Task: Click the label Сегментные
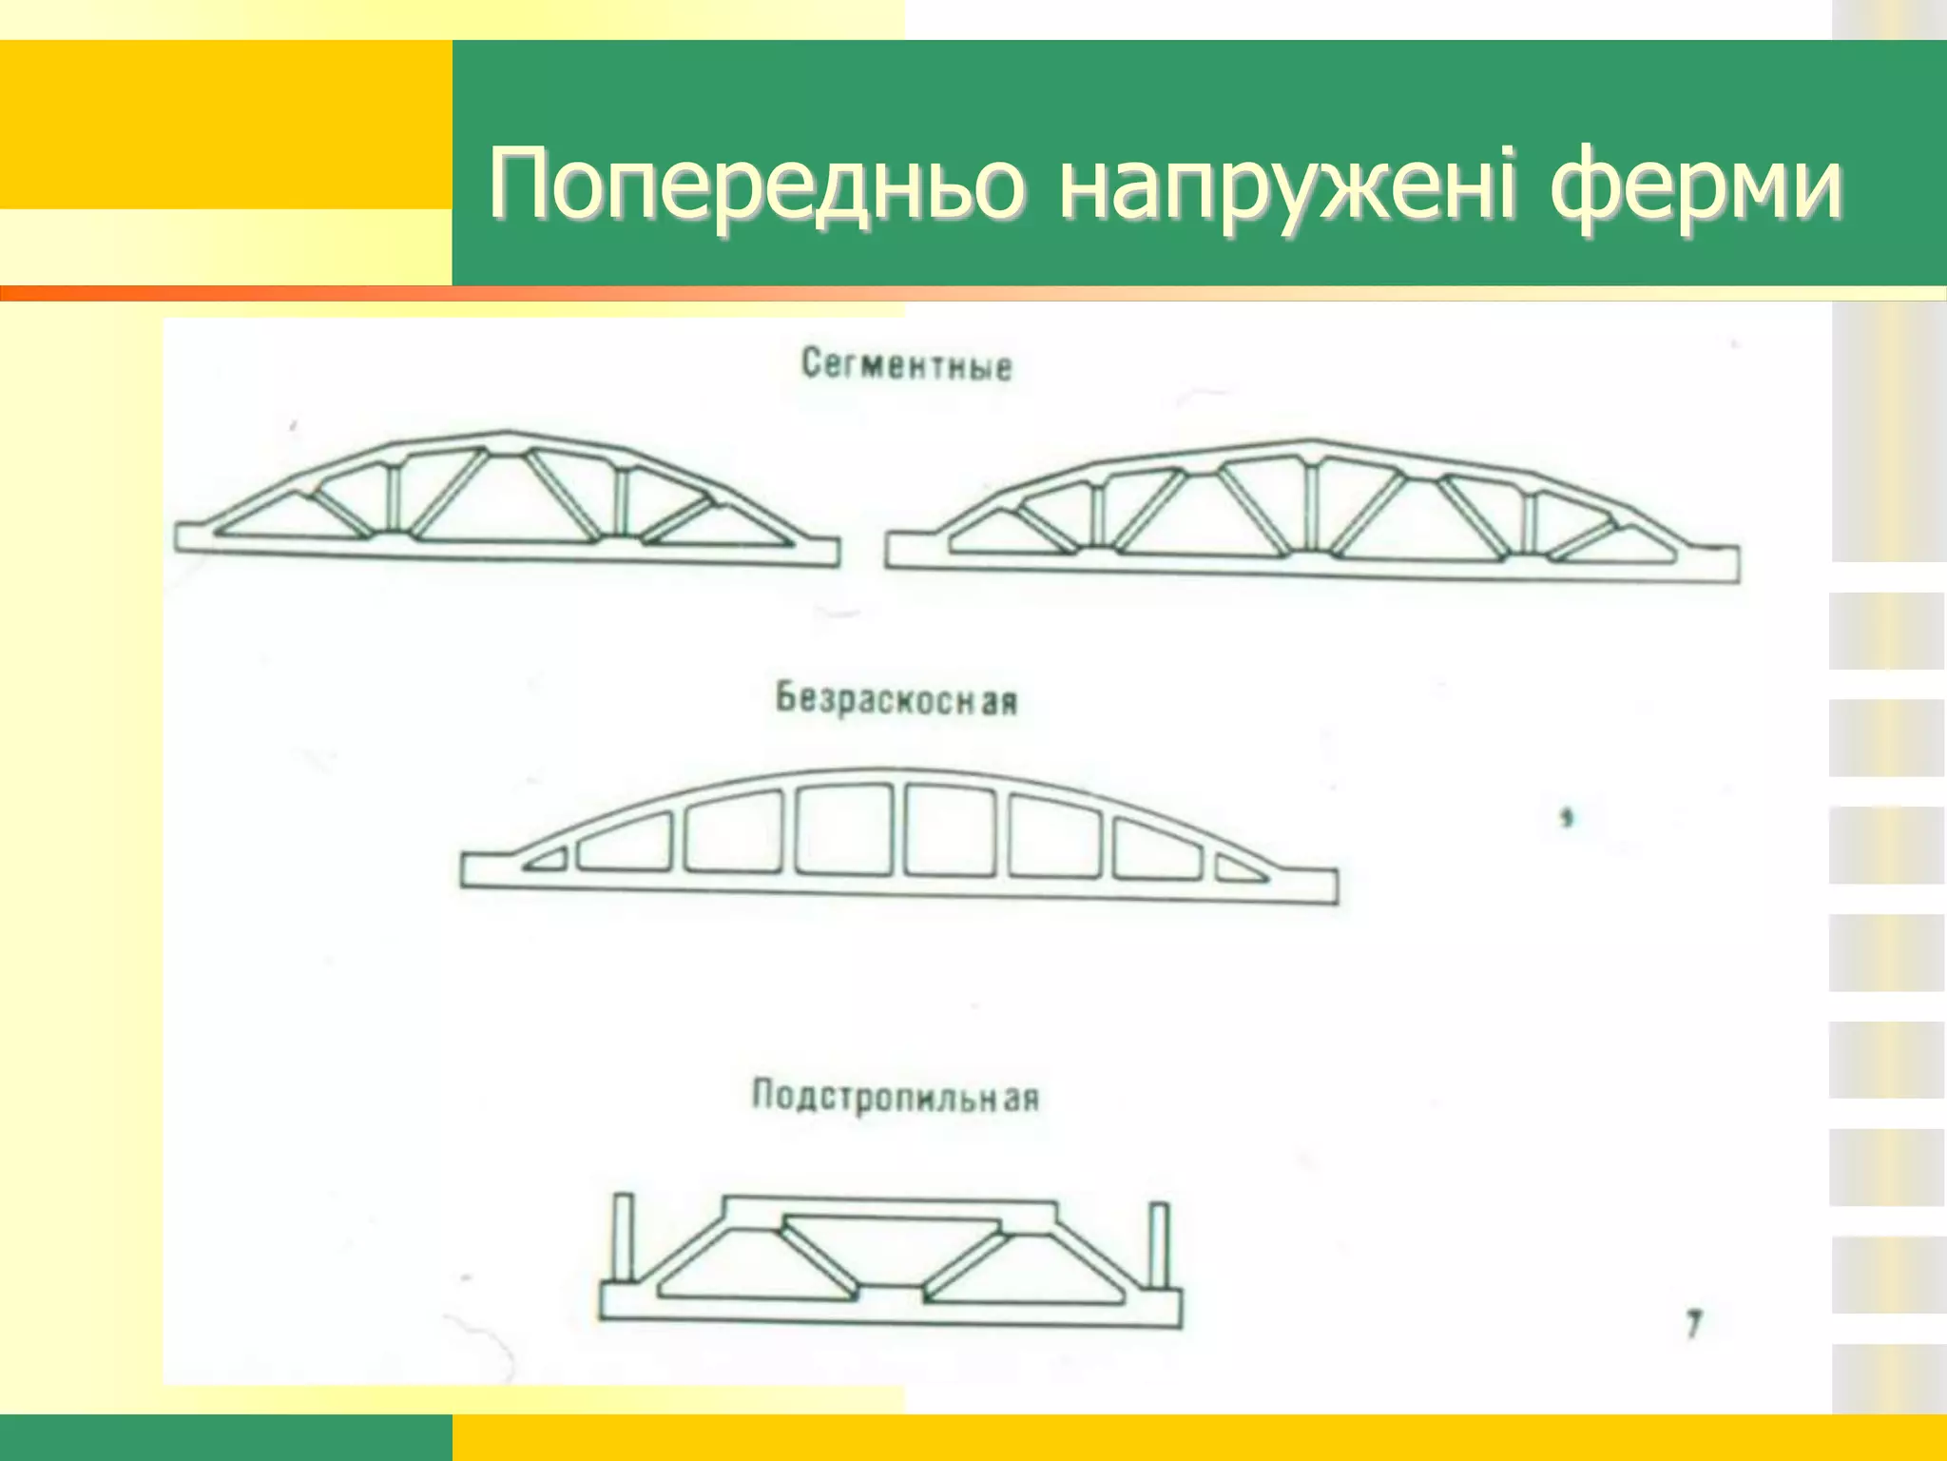click(906, 364)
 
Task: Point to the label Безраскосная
click(896, 700)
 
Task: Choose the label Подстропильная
click(896, 1097)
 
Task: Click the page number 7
click(1693, 1324)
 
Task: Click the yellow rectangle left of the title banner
click(225, 124)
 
